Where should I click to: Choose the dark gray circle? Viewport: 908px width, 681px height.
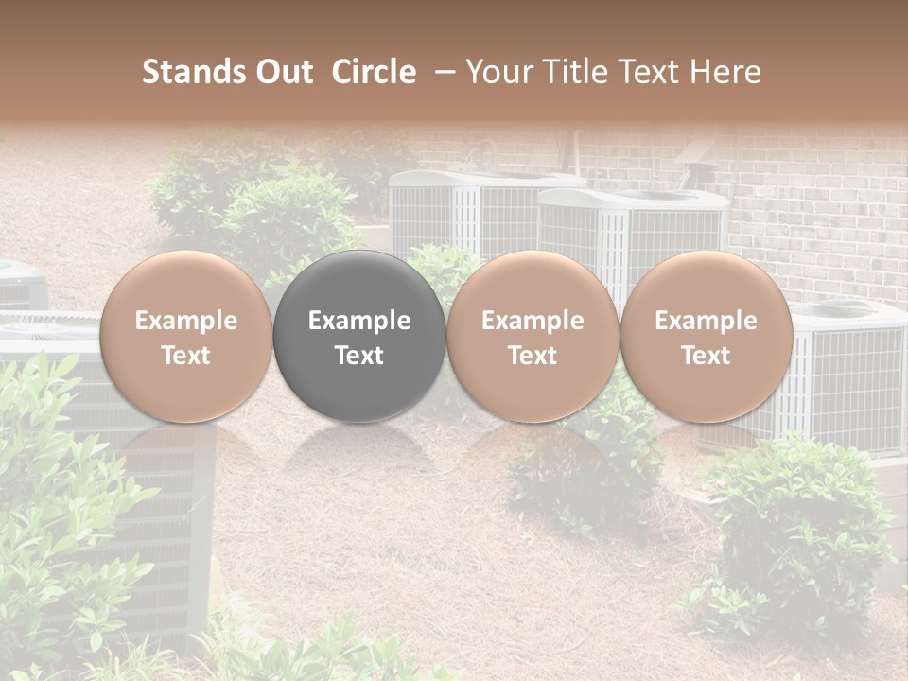coord(359,336)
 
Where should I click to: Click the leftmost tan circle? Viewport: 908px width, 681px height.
coord(186,336)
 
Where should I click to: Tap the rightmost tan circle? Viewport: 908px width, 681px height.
coord(706,336)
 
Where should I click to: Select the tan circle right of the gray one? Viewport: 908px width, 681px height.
coord(533,336)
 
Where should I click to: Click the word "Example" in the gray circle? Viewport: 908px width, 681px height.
coord(359,321)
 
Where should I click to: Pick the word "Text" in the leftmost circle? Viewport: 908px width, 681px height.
coord(186,356)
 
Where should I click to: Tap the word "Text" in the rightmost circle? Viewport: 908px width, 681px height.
coord(706,356)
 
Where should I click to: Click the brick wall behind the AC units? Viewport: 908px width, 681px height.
coord(813,218)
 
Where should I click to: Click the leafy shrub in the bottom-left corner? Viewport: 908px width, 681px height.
coord(57,530)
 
